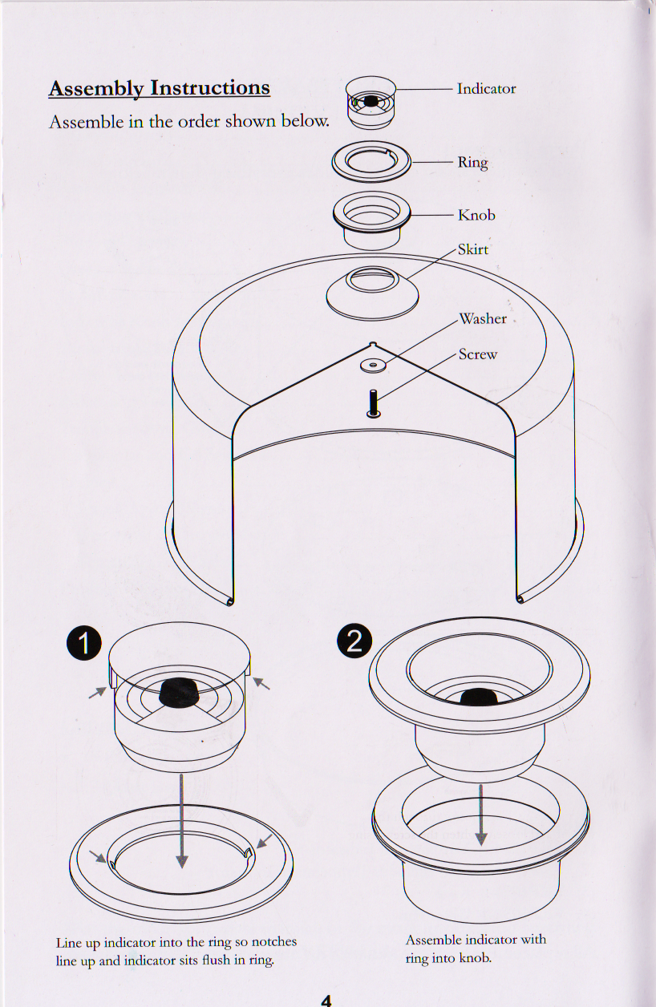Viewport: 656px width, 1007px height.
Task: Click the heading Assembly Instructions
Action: [159, 88]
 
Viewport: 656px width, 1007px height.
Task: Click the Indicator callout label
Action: [486, 89]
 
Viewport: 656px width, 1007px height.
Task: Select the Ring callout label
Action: [472, 163]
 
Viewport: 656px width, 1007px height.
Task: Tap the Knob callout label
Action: [476, 215]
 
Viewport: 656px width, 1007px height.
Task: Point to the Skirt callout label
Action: [472, 249]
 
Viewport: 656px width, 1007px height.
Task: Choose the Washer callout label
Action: [482, 319]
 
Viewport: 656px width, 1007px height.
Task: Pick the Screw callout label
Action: [477, 354]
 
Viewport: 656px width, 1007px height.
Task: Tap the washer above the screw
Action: [373, 365]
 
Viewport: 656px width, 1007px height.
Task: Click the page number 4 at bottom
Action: [326, 999]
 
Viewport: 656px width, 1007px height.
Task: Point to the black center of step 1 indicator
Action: [180, 694]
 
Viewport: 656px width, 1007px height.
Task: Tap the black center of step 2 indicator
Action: [479, 697]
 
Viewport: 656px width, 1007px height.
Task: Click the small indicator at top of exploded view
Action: [370, 103]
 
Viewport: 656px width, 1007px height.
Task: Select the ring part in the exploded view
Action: [371, 164]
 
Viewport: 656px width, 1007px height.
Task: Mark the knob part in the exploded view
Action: [371, 218]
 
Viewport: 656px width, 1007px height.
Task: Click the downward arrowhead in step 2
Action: [480, 838]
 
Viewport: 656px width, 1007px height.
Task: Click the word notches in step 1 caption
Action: [273, 942]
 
